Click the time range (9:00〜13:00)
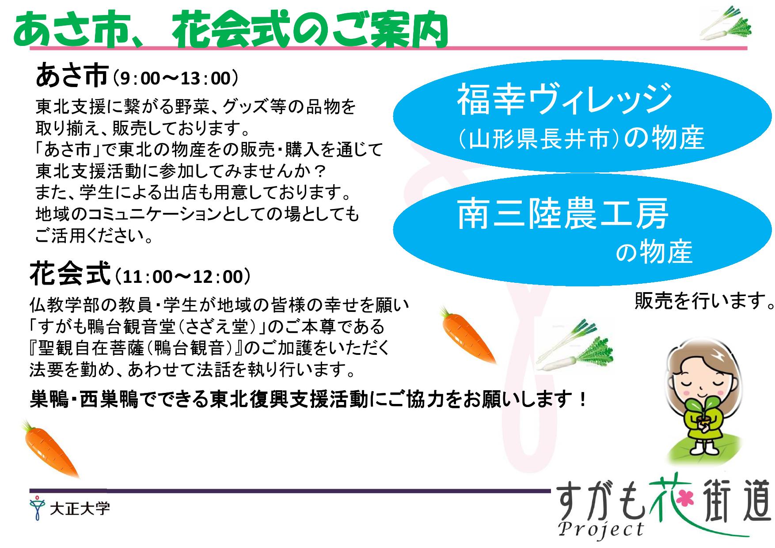[175, 79]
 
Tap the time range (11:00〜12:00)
[182, 277]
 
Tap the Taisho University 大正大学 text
[80, 509]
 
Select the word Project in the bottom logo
[601, 529]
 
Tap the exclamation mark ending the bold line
[582, 400]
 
